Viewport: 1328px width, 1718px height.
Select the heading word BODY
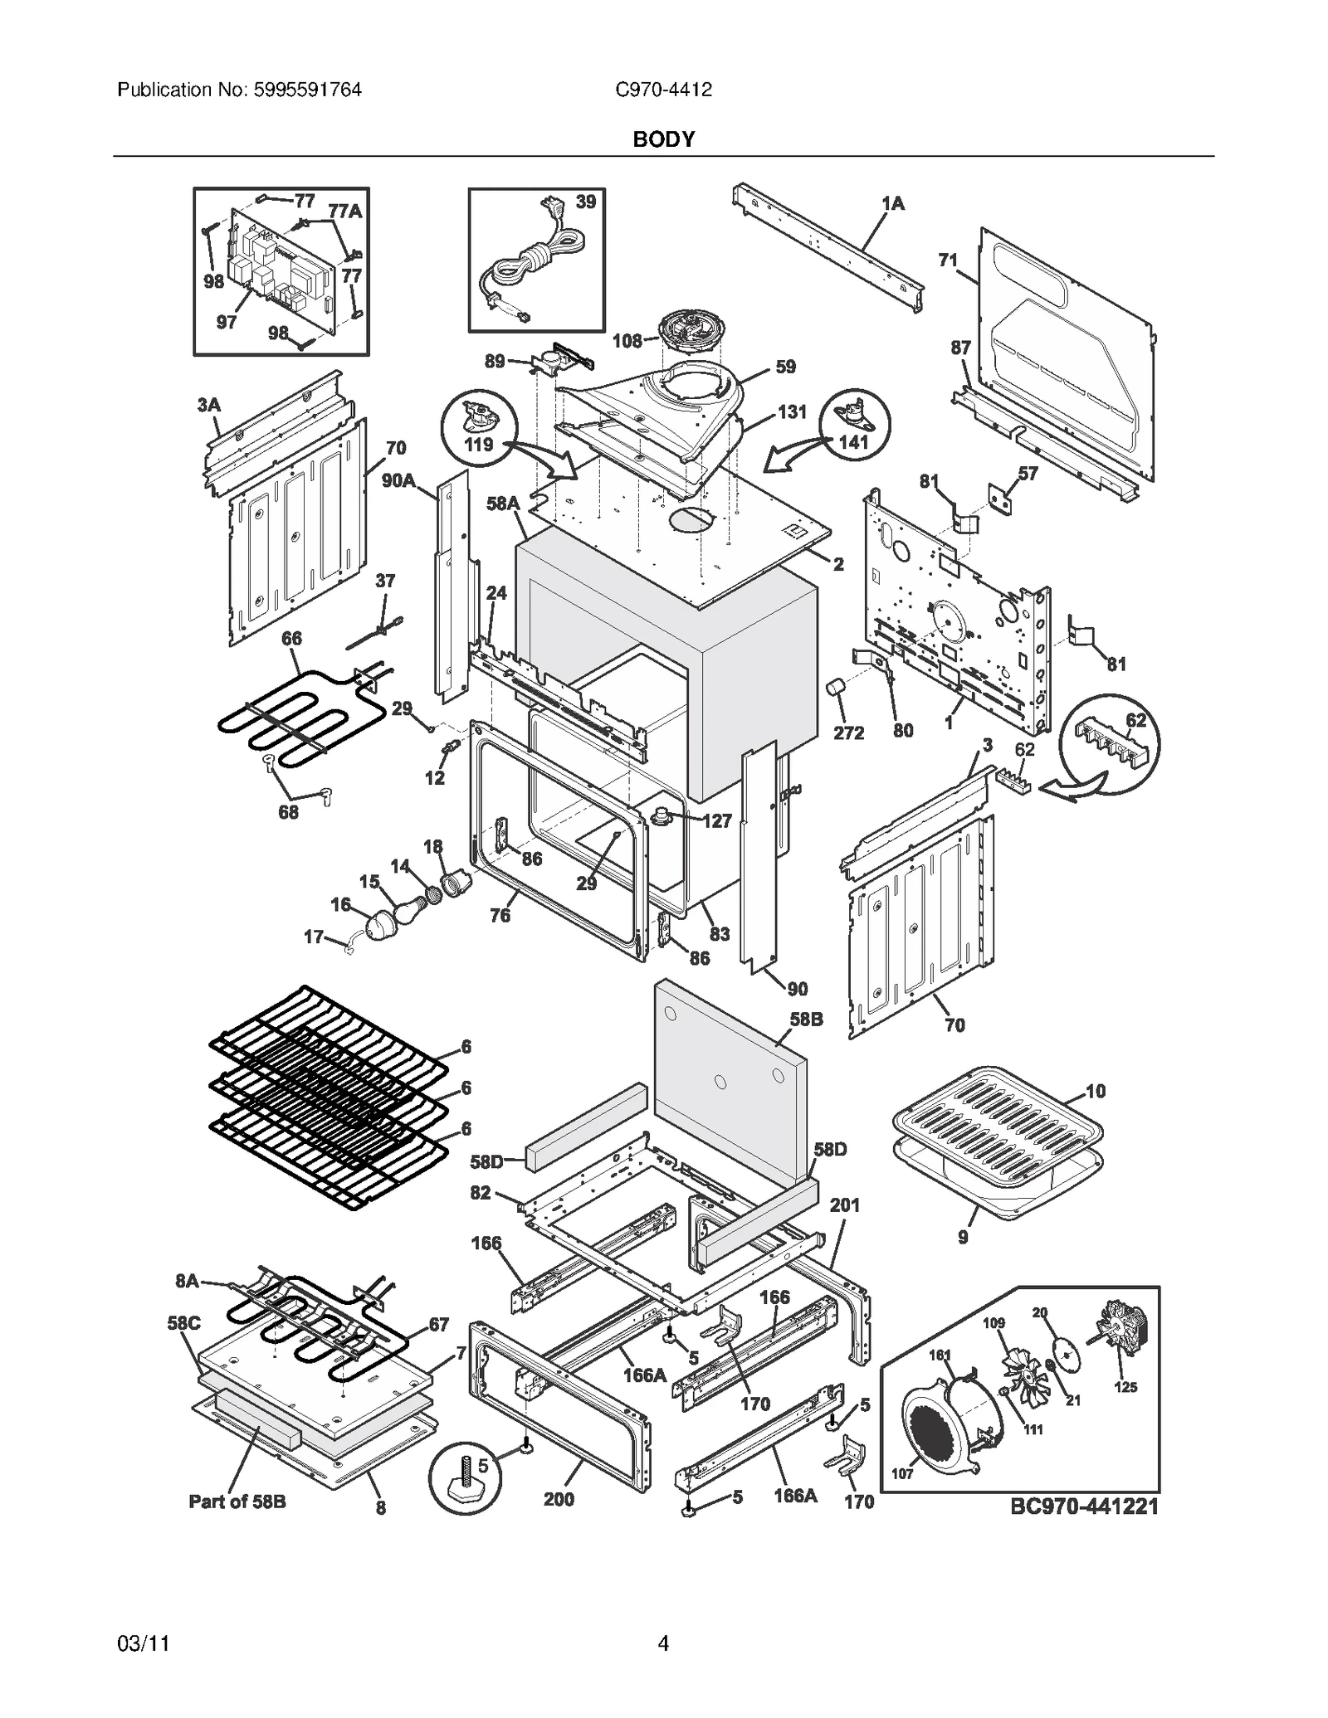pos(663,139)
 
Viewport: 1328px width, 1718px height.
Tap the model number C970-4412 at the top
pos(663,90)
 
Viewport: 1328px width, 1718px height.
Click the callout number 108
pos(627,340)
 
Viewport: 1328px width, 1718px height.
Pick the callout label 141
pos(853,442)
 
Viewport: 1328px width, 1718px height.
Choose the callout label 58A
pos(502,503)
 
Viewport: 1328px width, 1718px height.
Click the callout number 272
pos(848,732)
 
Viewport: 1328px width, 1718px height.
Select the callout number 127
pos(717,821)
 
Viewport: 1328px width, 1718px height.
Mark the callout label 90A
pos(398,480)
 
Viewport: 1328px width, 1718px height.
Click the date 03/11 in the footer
pos(144,1643)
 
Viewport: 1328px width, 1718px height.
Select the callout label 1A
pos(893,203)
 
